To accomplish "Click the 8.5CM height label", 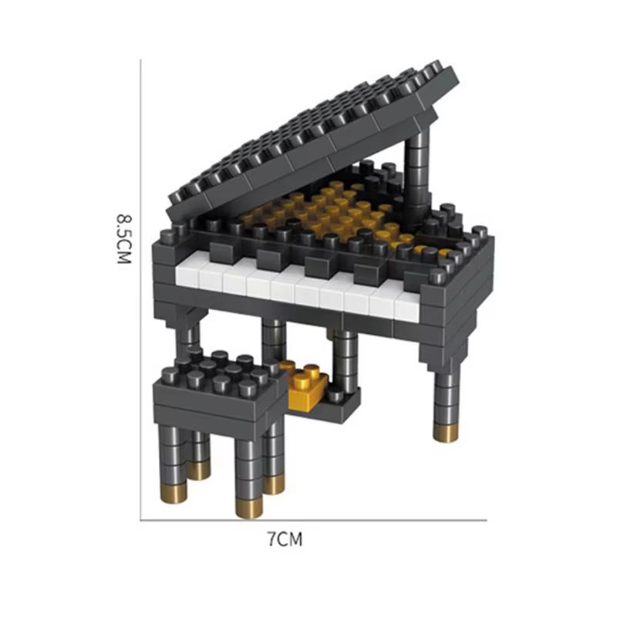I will click(124, 240).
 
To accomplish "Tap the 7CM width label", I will click(285, 539).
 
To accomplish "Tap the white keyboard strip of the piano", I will click(301, 287).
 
